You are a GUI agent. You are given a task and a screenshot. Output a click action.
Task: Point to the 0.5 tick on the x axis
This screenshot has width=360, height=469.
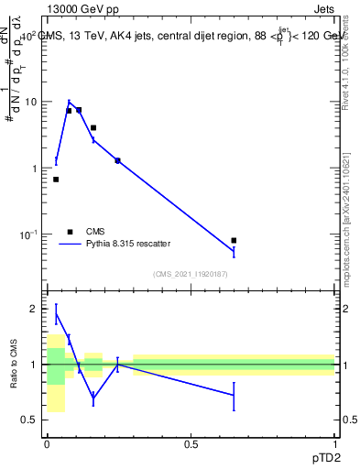(191, 444)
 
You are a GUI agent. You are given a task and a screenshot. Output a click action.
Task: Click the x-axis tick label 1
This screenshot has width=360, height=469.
(334, 444)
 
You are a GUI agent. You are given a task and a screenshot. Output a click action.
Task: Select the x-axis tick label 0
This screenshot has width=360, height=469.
(47, 444)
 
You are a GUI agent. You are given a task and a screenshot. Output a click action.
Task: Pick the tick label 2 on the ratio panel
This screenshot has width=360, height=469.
(35, 309)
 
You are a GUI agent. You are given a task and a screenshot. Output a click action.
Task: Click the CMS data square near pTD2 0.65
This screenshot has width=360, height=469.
(234, 240)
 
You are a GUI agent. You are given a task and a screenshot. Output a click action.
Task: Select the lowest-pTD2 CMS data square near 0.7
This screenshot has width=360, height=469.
(56, 180)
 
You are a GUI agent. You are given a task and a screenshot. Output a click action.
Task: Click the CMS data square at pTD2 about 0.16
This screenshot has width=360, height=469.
(93, 127)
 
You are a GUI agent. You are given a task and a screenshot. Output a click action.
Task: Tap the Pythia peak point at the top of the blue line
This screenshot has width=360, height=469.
(69, 102)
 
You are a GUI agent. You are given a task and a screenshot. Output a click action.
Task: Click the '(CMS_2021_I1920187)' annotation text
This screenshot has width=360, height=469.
(191, 274)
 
